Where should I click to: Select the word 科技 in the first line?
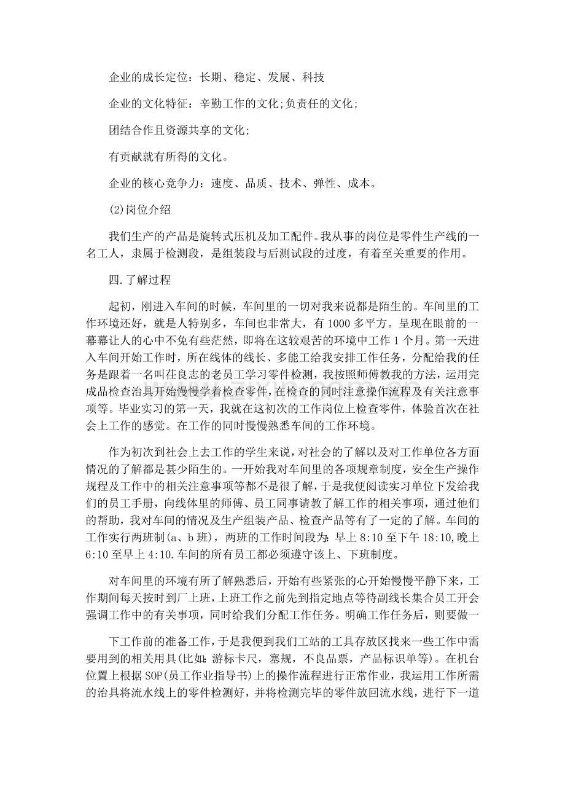313,78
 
